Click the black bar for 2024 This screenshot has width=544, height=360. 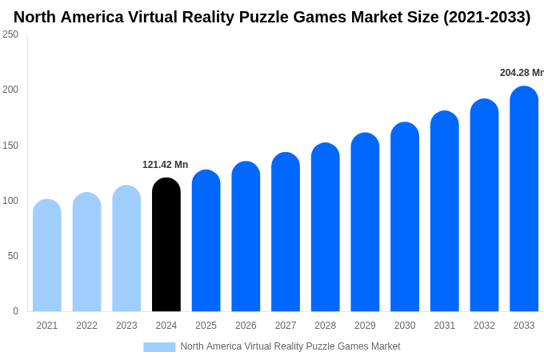(166, 245)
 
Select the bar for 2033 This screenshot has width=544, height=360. (524, 199)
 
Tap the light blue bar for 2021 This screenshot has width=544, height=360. (47, 255)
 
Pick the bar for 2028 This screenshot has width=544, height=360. (326, 227)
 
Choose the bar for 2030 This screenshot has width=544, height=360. (405, 217)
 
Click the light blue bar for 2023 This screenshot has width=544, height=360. (126, 249)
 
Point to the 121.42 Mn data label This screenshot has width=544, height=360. (166, 165)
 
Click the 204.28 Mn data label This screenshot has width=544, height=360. (521, 73)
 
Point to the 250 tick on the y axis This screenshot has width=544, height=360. (10, 34)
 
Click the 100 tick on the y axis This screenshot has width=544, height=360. (10, 201)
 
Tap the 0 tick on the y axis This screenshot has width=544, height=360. (15, 311)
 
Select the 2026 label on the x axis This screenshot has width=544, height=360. (246, 326)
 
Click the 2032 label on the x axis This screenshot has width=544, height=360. (484, 326)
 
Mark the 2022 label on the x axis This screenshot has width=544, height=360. (86, 326)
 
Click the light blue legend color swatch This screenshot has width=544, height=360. (159, 346)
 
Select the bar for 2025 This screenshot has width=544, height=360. (206, 241)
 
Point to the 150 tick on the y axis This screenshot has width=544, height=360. (10, 146)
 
